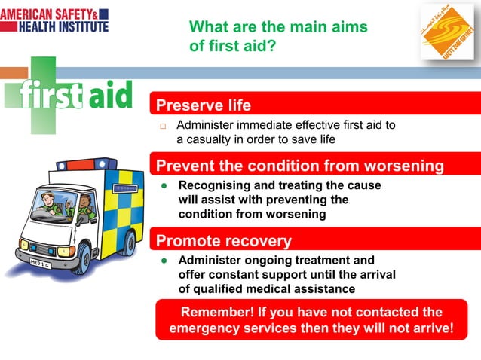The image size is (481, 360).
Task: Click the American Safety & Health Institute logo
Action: coord(54,20)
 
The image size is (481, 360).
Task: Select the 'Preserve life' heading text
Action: coord(203,105)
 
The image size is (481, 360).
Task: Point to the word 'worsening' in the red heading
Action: coord(403,166)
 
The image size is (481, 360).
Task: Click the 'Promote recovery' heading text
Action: coord(223,241)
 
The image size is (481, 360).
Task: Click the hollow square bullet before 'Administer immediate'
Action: coord(161,125)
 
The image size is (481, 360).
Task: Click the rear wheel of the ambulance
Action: coord(130,243)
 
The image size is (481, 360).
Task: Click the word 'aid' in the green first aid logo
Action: coord(110,95)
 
